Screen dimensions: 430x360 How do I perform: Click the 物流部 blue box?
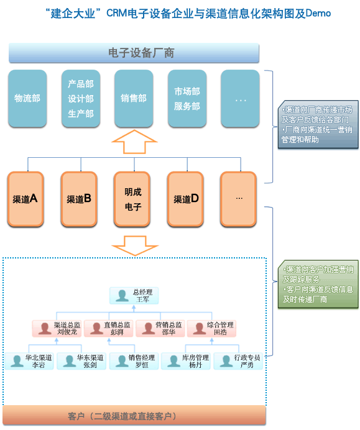(27, 98)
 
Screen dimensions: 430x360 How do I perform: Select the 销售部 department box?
(134, 98)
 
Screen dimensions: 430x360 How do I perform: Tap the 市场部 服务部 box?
(187, 98)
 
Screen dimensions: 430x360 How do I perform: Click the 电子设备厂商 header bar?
(134, 53)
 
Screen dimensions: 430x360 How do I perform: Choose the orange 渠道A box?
(25, 199)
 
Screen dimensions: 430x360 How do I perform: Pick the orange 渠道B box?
(80, 199)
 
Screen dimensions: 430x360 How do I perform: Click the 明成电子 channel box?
(133, 199)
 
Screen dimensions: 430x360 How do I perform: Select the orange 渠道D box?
(187, 199)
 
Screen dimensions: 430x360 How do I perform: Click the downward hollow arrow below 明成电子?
(134, 245)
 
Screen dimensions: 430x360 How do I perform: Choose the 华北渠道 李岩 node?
(30, 361)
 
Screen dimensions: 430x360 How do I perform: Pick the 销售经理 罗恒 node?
(134, 361)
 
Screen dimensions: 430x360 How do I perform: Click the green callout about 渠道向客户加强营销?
(318, 284)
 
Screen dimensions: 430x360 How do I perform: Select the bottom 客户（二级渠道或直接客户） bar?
(134, 415)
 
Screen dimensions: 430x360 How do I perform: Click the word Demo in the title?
(318, 13)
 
